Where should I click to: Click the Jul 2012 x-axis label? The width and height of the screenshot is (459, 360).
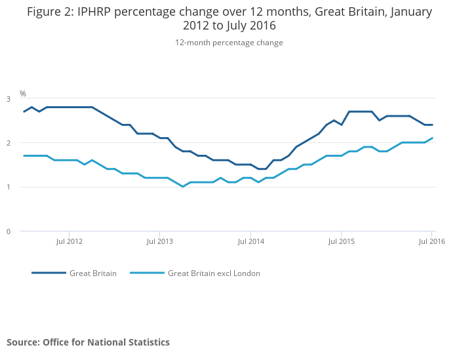pyautogui.click(x=70, y=241)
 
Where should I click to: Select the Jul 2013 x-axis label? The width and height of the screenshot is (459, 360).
pyautogui.click(x=160, y=241)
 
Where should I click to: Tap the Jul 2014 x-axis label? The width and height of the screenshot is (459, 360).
pyautogui.click(x=250, y=241)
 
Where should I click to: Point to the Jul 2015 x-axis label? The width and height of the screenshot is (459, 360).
pyautogui.click(x=342, y=241)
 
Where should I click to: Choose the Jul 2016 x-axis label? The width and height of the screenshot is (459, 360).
pyautogui.click(x=432, y=241)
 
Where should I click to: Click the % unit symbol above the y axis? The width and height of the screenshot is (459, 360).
pyautogui.click(x=23, y=94)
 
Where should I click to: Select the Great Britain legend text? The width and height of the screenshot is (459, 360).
pyautogui.click(x=92, y=273)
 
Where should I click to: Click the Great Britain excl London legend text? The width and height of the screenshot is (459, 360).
pyautogui.click(x=214, y=273)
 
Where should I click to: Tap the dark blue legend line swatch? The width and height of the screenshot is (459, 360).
pyautogui.click(x=49, y=273)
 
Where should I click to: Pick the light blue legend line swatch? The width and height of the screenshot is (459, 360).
pyautogui.click(x=147, y=273)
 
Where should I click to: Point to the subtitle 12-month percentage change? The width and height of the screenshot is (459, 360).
pyautogui.click(x=229, y=43)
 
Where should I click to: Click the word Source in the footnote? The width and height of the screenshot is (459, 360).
pyautogui.click(x=22, y=342)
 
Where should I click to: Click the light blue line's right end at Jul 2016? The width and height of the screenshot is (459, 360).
pyautogui.click(x=432, y=138)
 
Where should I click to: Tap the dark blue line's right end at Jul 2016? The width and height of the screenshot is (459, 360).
pyautogui.click(x=432, y=125)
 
